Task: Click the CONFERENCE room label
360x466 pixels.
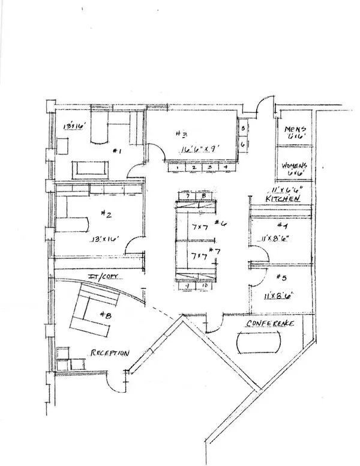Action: tap(269, 324)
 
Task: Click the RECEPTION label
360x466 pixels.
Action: tap(109, 353)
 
